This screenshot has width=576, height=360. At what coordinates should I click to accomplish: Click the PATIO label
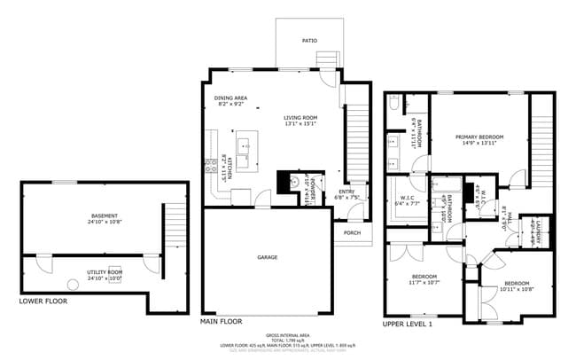pos(309,41)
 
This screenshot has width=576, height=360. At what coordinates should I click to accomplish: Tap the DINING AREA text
pos(230,98)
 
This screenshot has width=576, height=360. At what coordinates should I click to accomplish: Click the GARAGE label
pos(268,257)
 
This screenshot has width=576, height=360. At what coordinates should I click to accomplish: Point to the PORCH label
pos(352,234)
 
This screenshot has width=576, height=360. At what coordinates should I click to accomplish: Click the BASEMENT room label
pos(104,215)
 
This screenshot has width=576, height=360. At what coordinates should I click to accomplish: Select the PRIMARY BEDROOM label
pos(479,137)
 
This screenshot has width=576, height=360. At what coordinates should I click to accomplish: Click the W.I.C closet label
pos(407,198)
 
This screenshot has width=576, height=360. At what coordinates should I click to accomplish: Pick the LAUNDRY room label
pos(538,231)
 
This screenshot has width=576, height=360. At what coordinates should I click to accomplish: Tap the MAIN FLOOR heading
pos(222,321)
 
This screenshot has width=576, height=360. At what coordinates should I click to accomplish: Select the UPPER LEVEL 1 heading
pos(407,325)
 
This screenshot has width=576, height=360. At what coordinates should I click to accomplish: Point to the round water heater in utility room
pos(72,286)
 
